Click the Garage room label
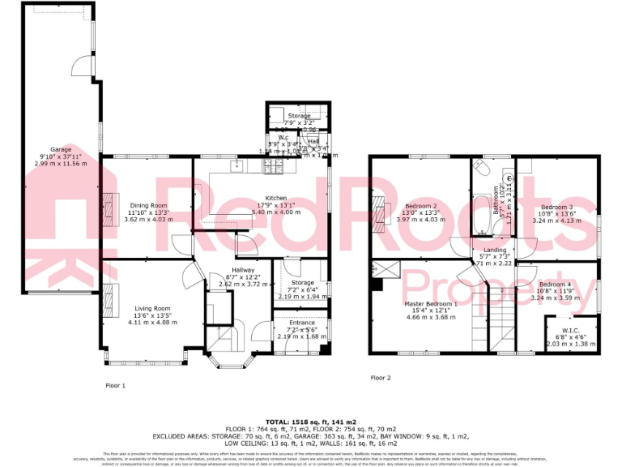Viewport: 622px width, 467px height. pos(61,149)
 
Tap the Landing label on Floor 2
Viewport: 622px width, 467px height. pos(495,251)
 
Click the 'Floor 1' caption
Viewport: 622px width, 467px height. pos(115,385)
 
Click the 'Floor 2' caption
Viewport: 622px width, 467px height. pos(380,378)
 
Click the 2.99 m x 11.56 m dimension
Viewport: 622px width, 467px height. pos(61,163)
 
